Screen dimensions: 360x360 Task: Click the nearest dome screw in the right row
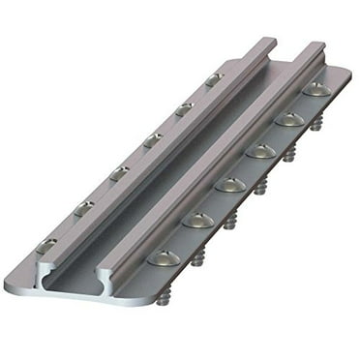click(x=163, y=256)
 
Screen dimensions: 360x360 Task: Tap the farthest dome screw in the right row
click(x=315, y=89)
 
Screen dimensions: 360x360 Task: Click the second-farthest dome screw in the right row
click(x=288, y=119)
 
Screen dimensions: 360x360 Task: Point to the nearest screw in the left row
click(x=47, y=246)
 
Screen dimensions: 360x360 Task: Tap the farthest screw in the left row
click(x=213, y=78)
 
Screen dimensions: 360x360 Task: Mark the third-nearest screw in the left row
click(x=118, y=173)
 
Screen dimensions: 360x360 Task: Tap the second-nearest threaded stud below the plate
click(x=198, y=258)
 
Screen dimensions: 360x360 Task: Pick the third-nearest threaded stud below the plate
click(x=230, y=224)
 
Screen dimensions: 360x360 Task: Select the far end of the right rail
click(x=315, y=46)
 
